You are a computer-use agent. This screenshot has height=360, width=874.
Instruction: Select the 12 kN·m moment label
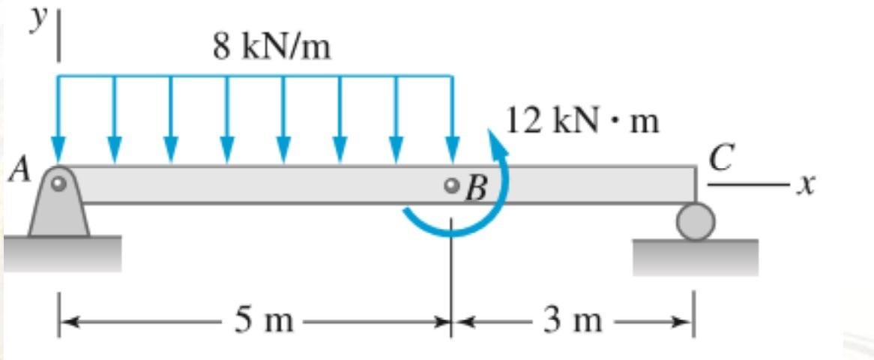pyautogui.click(x=582, y=121)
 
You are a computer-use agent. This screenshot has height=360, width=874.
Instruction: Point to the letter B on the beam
pyautogui.click(x=475, y=190)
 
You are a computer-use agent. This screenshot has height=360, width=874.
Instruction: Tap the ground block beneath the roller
pyautogui.click(x=696, y=256)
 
